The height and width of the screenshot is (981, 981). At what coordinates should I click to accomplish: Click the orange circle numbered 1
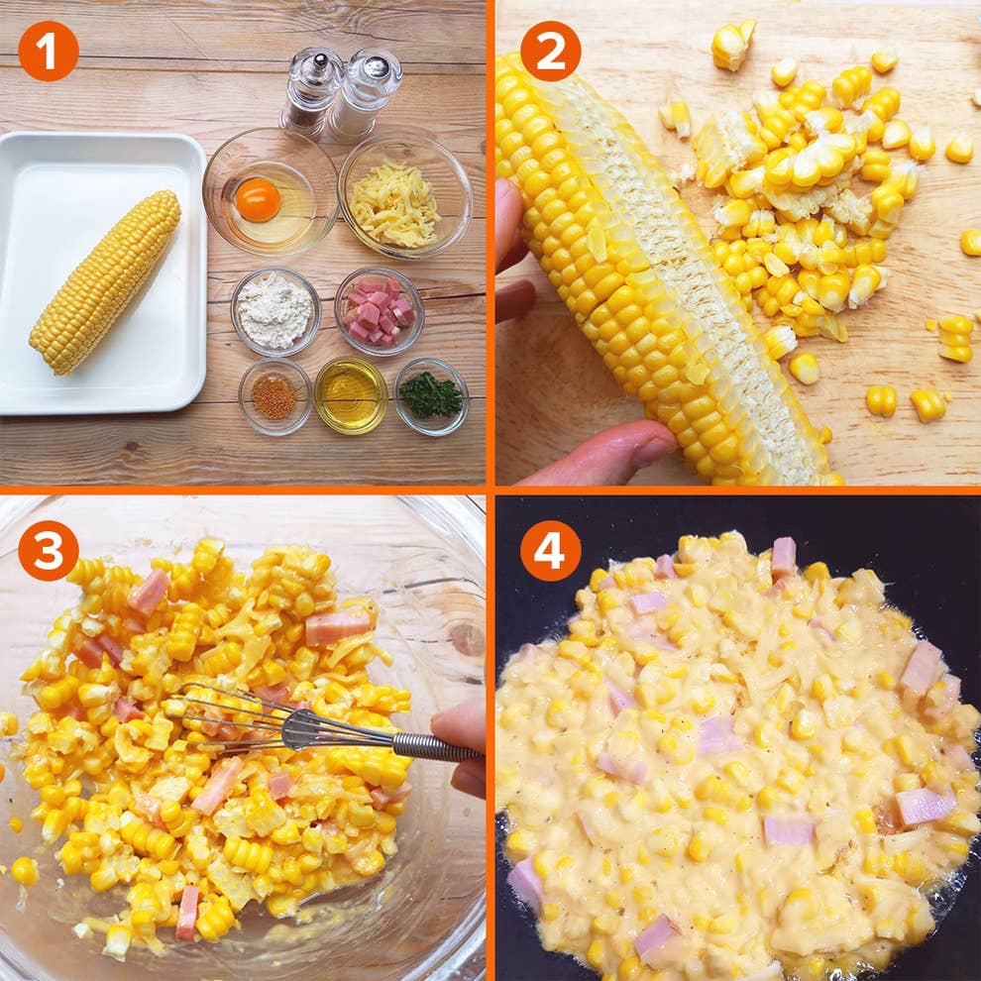click(49, 52)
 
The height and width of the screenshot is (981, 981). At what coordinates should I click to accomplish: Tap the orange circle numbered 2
click(551, 52)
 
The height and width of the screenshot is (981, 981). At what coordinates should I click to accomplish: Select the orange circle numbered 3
click(49, 551)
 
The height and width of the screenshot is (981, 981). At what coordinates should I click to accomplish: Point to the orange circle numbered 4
click(551, 551)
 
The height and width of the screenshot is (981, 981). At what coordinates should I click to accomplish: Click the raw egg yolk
click(258, 199)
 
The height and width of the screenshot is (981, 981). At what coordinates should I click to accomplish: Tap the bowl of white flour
click(275, 311)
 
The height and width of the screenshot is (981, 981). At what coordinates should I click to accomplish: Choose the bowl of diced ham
click(380, 311)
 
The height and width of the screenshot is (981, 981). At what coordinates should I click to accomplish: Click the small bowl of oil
click(351, 395)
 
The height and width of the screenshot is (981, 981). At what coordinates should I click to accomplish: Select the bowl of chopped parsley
click(431, 396)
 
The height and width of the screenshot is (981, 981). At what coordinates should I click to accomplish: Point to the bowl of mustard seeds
click(274, 396)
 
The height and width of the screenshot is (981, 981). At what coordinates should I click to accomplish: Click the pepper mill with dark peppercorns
click(311, 91)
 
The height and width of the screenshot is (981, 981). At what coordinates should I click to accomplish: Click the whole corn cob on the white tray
click(104, 282)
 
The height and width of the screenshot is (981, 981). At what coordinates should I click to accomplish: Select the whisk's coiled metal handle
click(437, 748)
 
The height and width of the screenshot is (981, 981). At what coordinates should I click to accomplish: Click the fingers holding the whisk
click(460, 747)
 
